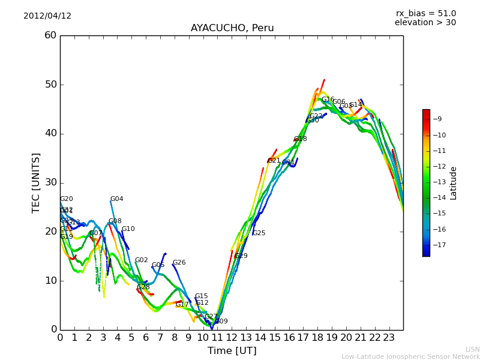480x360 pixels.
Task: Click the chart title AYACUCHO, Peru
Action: point(232,28)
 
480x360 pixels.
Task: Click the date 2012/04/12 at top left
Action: point(47,16)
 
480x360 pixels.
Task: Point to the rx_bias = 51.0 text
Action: point(425,14)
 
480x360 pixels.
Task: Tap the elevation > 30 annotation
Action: point(425,23)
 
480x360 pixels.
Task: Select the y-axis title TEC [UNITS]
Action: point(37,182)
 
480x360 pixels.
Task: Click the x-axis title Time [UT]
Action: point(232,351)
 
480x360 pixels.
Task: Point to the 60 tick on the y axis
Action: point(50,35)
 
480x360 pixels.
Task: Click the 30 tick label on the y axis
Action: point(50,182)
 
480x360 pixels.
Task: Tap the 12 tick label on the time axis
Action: point(232,338)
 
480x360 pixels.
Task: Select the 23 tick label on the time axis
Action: point(389,338)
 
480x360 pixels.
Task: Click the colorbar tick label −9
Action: point(440,119)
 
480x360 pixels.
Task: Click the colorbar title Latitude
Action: point(454,183)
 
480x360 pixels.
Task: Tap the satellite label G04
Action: point(116,199)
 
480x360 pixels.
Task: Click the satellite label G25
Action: point(259,233)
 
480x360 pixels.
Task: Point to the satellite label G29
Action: point(241,256)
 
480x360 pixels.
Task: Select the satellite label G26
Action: point(179,263)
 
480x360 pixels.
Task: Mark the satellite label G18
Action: point(300,139)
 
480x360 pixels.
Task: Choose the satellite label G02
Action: point(141,260)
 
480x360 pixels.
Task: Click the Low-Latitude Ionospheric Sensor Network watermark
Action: point(410,356)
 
